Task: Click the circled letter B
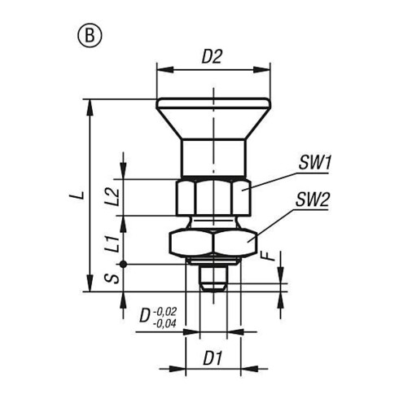click(x=90, y=36)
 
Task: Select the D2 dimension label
click(x=212, y=57)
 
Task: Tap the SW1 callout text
click(x=314, y=163)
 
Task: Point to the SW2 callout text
click(x=313, y=199)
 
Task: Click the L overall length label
click(x=81, y=195)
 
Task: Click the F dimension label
click(x=270, y=256)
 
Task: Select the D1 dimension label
click(x=213, y=358)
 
